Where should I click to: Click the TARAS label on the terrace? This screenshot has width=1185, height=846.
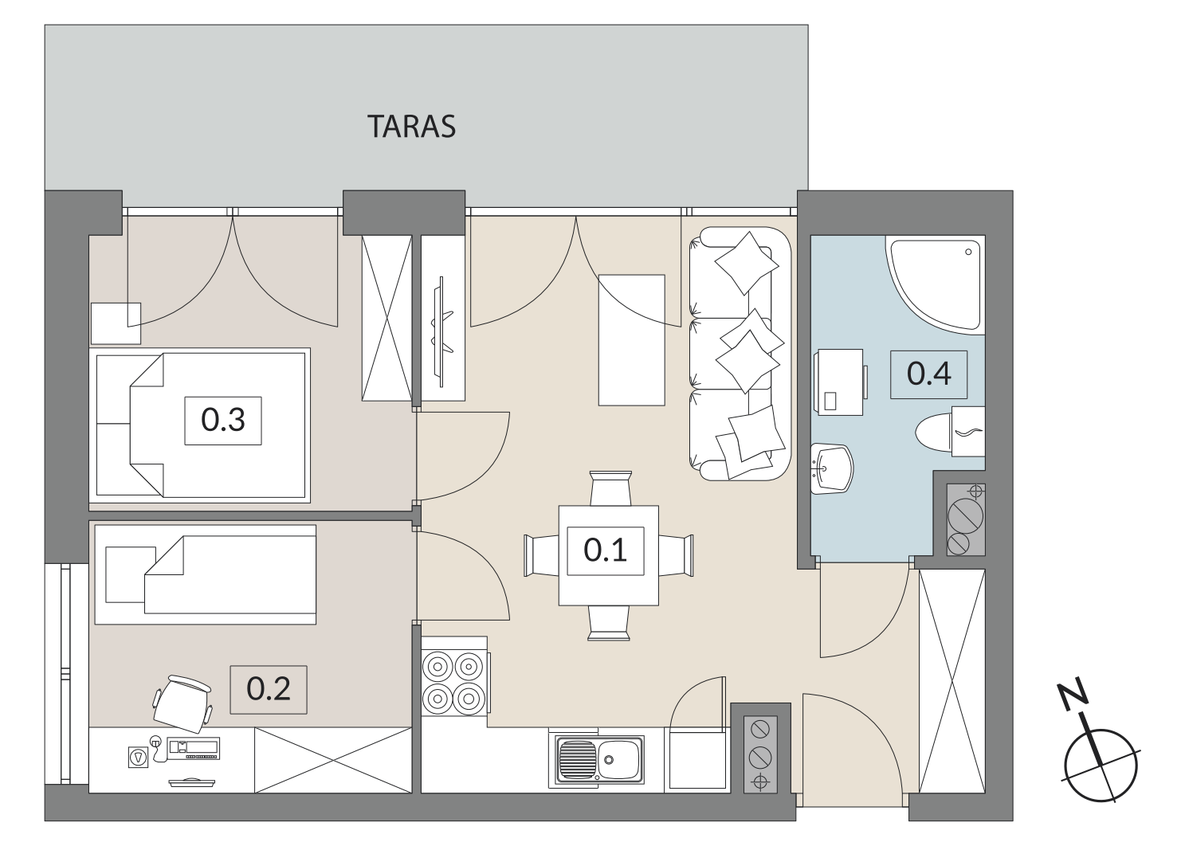(411, 127)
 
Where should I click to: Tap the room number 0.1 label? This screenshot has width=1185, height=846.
(605, 550)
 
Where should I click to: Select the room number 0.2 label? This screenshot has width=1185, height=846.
(269, 690)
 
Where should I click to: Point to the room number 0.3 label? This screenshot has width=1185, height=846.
(222, 421)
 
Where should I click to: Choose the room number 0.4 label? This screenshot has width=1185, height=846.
(928, 374)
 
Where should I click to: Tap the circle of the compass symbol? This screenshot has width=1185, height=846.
(1101, 765)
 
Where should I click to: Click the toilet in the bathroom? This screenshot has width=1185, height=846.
(950, 432)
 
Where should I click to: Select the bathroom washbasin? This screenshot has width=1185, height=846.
(832, 468)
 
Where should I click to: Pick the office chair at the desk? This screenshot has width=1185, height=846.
(182, 703)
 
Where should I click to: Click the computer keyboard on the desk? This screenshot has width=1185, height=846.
(194, 748)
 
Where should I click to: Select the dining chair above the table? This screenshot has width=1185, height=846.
(610, 488)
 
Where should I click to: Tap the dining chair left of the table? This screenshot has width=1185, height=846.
(542, 556)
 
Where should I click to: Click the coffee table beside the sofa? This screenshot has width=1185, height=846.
(632, 340)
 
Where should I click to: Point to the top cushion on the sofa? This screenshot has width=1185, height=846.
(747, 263)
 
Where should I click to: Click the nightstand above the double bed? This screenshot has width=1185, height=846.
(116, 323)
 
